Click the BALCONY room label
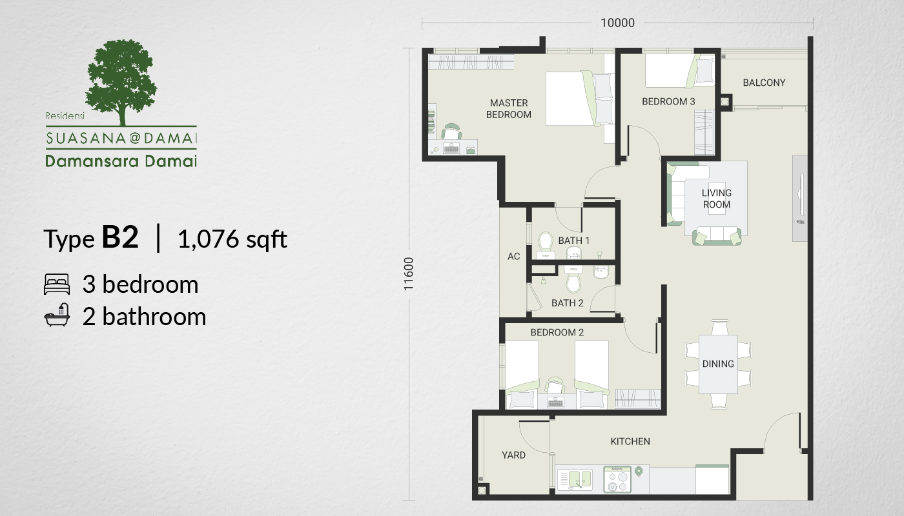(764, 83)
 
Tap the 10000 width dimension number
(617, 23)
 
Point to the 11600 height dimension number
(409, 273)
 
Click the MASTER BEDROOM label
(509, 109)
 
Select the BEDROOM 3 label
(668, 102)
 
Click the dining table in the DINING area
(718, 364)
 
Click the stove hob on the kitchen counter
(617, 480)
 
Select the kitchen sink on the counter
(575, 480)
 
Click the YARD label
(513, 455)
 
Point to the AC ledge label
(514, 257)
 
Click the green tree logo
(121, 83)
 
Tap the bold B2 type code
(120, 237)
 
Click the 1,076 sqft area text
(232, 239)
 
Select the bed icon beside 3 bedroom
(57, 284)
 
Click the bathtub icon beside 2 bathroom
(57, 315)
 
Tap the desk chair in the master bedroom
(451, 132)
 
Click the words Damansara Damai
(121, 161)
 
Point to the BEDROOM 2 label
(557, 333)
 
